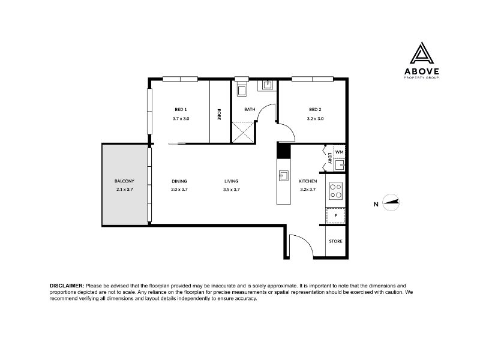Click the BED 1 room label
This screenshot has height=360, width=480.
click(x=181, y=110)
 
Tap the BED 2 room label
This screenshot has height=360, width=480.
click(x=315, y=110)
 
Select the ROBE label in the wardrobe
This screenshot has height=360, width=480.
click(x=219, y=114)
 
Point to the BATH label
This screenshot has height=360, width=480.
click(x=250, y=109)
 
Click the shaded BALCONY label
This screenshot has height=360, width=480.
click(x=124, y=181)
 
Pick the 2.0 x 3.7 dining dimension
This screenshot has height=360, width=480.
click(x=179, y=190)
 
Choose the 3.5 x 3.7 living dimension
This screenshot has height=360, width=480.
click(x=232, y=190)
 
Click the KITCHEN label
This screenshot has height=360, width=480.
click(x=308, y=181)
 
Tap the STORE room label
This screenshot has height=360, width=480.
click(x=335, y=241)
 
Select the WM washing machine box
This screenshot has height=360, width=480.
click(x=339, y=152)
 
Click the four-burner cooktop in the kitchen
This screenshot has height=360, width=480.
click(x=335, y=191)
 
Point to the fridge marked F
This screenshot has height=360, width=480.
click(x=335, y=215)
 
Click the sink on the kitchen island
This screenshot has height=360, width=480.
click(x=283, y=176)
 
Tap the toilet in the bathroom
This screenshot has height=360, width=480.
click(x=242, y=89)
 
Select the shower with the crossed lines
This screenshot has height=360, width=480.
click(x=243, y=132)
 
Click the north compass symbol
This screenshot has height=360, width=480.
click(x=391, y=202)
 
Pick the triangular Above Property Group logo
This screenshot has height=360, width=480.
click(x=422, y=53)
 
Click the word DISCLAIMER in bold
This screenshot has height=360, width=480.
click(x=67, y=286)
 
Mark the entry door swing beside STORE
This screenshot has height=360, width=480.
click(x=301, y=245)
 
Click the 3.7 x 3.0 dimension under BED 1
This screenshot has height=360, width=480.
click(x=181, y=119)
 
